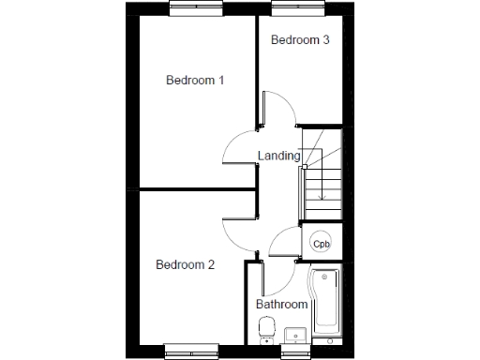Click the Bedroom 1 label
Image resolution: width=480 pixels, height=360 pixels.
195,81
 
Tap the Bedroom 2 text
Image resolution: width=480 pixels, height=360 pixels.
186,265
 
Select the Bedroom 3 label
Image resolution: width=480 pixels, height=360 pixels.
299,40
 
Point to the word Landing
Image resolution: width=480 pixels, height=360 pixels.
278,157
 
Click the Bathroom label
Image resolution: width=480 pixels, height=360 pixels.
282,305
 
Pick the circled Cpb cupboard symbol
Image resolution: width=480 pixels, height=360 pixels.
321,242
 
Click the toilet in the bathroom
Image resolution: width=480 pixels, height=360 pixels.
266,328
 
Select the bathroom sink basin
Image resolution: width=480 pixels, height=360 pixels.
292,334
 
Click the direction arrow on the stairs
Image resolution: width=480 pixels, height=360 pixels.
322,187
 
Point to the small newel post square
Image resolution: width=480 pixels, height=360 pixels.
306,167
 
